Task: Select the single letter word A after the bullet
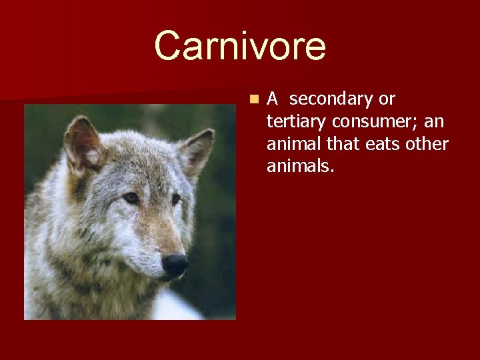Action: click(273, 99)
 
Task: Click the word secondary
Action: click(331, 99)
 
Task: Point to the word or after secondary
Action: click(387, 99)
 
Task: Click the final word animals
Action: click(299, 166)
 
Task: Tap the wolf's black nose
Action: click(175, 264)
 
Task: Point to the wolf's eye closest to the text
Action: click(176, 199)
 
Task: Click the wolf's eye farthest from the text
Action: click(131, 198)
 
